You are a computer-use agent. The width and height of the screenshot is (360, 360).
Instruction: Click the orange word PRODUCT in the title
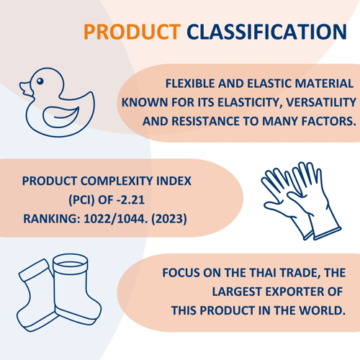pyautogui.click(x=132, y=32)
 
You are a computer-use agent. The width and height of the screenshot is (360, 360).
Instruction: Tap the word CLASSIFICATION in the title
pyautogui.click(x=266, y=32)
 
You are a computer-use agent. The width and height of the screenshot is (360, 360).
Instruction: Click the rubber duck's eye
pyautogui.click(x=40, y=81)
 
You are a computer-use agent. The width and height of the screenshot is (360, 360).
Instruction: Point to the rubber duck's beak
pyautogui.click(x=25, y=89)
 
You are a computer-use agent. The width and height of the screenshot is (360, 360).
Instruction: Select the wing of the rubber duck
pyautogui.click(x=61, y=117)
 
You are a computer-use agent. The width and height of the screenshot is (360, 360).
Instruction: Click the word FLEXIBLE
pyautogui.click(x=190, y=84)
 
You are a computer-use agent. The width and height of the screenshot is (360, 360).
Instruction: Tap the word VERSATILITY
pyautogui.click(x=321, y=102)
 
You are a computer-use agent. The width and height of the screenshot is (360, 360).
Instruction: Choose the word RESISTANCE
pyautogui.click(x=206, y=121)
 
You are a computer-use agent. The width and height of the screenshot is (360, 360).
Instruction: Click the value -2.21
pyautogui.click(x=130, y=199)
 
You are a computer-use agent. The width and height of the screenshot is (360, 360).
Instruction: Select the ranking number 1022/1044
pyautogui.click(x=115, y=219)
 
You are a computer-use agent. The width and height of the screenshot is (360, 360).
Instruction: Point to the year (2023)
pyautogui.click(x=169, y=219)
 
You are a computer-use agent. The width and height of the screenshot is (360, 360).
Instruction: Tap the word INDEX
pyautogui.click(x=174, y=181)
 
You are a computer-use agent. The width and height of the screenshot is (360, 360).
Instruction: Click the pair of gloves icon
pyautogui.click(x=301, y=201)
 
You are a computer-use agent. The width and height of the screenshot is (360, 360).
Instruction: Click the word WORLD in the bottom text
pyautogui.click(x=322, y=310)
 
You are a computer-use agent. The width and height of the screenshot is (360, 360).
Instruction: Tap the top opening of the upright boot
pyautogui.click(x=71, y=264)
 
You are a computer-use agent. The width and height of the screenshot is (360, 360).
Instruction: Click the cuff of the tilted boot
pyautogui.click(x=35, y=270)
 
